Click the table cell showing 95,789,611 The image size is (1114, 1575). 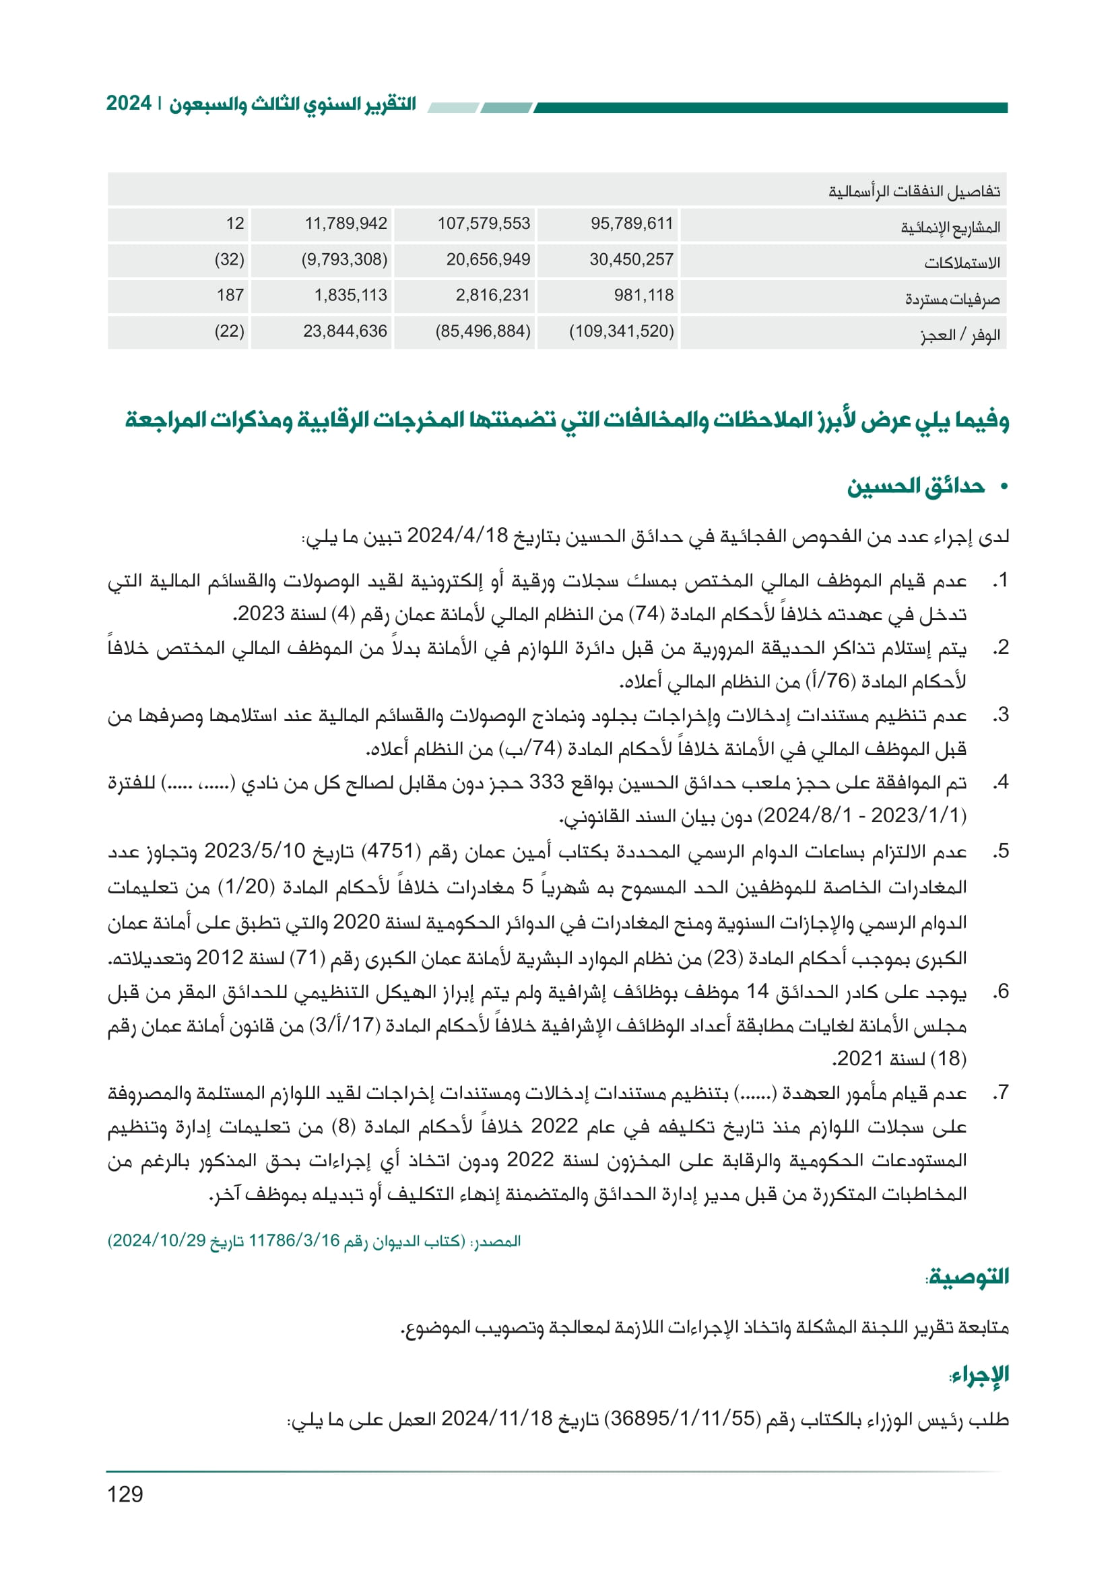point(631,224)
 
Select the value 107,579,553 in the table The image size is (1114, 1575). point(484,224)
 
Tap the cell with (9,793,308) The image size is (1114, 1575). point(344,260)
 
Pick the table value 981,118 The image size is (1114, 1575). point(643,296)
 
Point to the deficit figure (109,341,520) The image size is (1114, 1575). point(622,332)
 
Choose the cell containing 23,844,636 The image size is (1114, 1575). point(345,332)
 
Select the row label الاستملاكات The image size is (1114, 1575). point(962,263)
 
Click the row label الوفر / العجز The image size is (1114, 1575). point(960,335)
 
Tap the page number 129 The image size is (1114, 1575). point(125,1494)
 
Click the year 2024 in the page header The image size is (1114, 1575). point(128,104)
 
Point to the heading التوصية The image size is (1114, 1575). point(968,1277)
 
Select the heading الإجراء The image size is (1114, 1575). point(979,1375)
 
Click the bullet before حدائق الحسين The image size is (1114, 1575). point(1004,487)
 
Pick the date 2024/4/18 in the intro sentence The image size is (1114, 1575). point(457,536)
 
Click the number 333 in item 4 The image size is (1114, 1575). point(546,782)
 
